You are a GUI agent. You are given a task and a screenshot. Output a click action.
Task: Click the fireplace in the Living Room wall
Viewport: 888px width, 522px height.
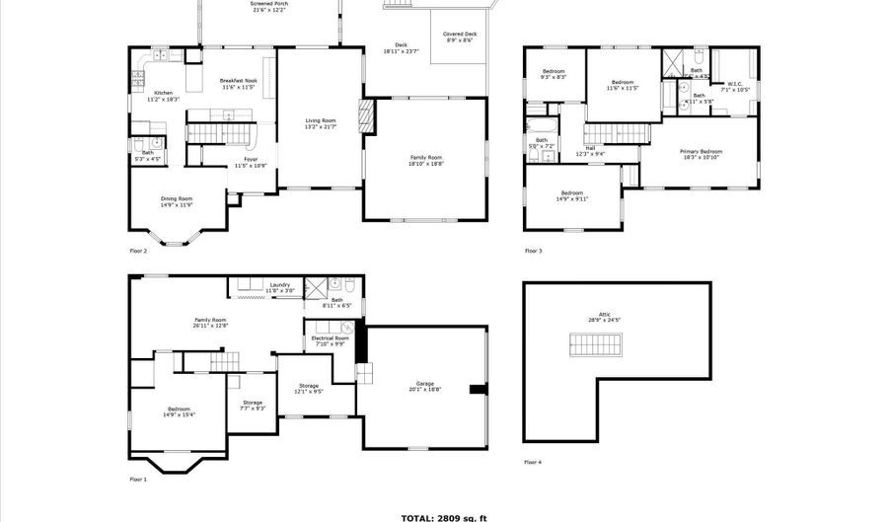click(x=368, y=116)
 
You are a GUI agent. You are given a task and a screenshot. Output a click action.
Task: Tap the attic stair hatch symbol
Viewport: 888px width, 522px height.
click(x=596, y=344)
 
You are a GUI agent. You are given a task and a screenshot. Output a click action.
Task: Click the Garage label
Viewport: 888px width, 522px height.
click(x=426, y=386)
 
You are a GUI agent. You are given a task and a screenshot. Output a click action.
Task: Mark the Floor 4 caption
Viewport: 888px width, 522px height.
click(x=533, y=462)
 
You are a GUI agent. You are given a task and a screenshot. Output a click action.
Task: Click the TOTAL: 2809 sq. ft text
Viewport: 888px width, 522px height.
click(x=443, y=517)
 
